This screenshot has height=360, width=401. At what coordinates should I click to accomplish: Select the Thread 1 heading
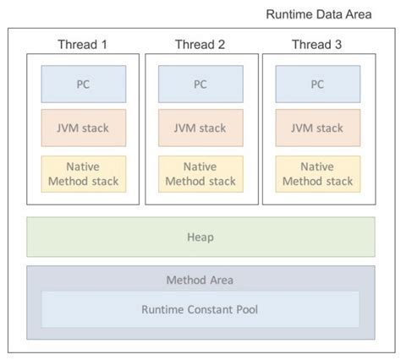83,44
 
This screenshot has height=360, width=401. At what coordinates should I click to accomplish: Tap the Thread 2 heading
200,44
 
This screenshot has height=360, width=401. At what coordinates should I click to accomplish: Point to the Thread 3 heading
317,44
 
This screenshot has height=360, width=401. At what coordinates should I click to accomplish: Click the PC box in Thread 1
83,84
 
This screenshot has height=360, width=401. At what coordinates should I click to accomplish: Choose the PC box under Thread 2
200,84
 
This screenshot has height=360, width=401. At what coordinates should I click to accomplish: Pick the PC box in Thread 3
317,84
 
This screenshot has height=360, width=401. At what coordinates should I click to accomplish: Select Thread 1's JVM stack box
83,128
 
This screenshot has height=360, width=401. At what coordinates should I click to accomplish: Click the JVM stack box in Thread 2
200,128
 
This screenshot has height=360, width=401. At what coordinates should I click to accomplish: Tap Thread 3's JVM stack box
317,128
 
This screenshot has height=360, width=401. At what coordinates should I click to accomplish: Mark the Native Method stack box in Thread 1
83,173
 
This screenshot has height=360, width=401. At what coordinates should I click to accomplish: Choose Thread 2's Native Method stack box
200,173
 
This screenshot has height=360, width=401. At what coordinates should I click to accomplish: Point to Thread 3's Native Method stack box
317,173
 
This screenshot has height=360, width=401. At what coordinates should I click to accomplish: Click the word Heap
200,237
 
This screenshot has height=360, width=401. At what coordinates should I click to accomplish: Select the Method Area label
200,279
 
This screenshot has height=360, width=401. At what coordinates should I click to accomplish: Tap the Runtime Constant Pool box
200,309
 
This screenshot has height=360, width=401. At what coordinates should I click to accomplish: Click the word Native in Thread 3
317,166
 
